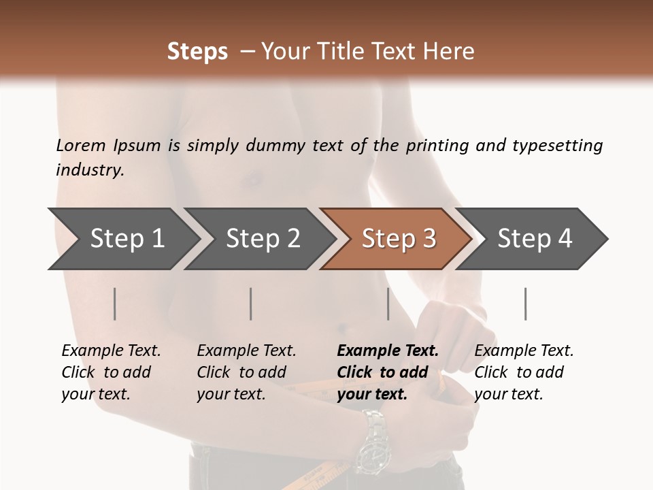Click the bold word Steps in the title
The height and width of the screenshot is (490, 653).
tap(197, 51)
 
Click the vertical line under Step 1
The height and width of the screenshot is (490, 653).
tap(115, 304)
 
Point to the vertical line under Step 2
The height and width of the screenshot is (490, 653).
tap(251, 304)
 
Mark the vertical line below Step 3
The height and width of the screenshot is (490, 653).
tap(388, 304)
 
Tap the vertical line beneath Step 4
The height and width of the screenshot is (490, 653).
tap(526, 304)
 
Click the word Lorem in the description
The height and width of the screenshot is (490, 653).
tap(80, 145)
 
